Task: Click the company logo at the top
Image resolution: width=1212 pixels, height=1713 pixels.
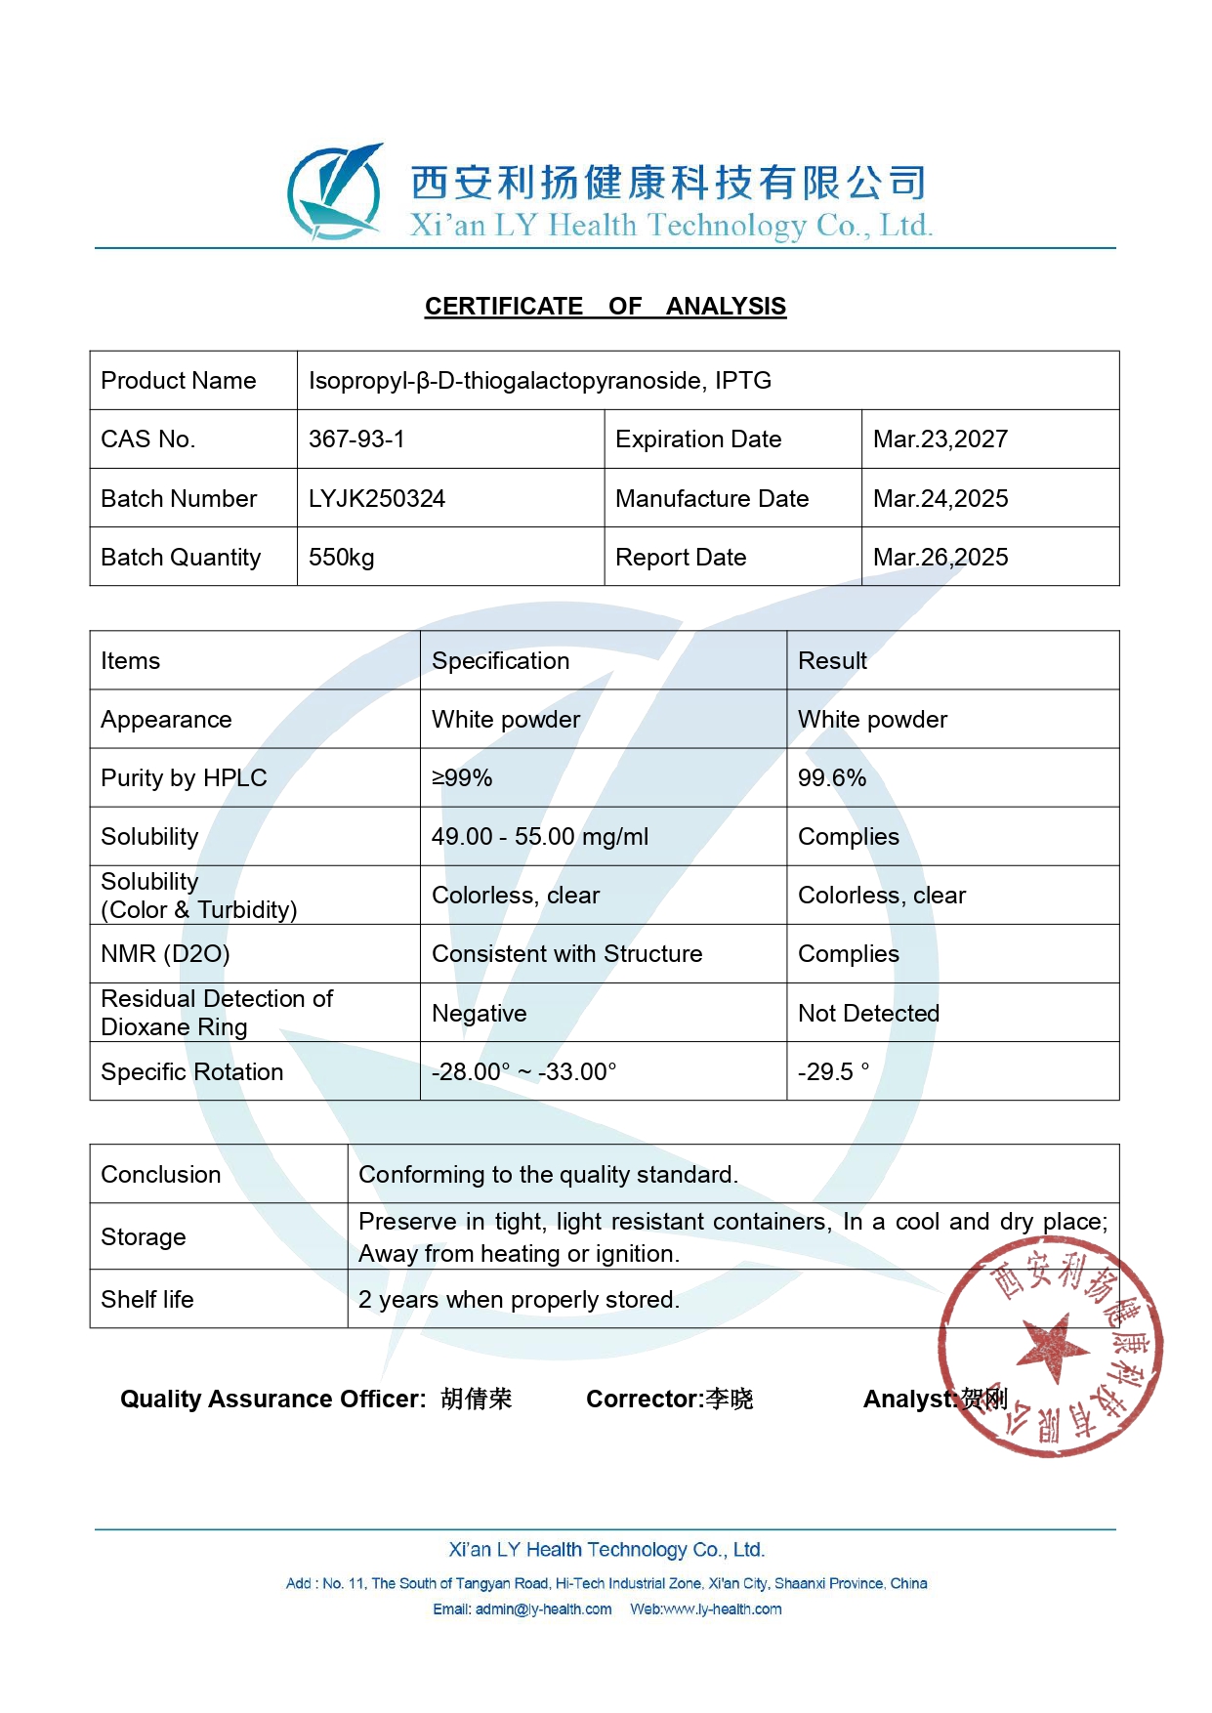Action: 334,192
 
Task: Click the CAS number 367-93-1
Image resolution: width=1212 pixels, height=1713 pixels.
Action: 356,439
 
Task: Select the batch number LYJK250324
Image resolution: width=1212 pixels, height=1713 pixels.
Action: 377,499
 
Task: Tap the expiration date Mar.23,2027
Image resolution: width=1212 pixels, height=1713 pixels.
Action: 940,439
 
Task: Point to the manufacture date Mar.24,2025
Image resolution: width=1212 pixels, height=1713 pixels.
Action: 940,499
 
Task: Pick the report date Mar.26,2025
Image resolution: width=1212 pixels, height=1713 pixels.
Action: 940,558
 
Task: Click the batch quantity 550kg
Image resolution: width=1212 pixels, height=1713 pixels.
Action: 341,558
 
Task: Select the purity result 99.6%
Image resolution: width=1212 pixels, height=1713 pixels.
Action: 831,778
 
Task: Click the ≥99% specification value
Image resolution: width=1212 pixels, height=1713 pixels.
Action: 462,778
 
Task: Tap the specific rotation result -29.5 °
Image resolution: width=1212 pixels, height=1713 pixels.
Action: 832,1071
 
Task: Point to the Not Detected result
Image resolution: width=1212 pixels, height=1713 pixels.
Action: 868,1014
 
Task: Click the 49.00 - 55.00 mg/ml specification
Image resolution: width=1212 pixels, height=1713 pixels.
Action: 539,837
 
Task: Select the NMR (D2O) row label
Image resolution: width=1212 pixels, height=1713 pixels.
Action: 165,954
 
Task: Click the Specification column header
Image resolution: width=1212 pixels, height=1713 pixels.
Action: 500,661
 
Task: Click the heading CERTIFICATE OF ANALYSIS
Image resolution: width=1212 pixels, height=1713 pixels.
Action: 605,307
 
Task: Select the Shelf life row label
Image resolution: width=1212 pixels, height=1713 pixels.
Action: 147,1300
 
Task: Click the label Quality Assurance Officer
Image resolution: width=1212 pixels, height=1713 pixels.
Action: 272,1400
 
